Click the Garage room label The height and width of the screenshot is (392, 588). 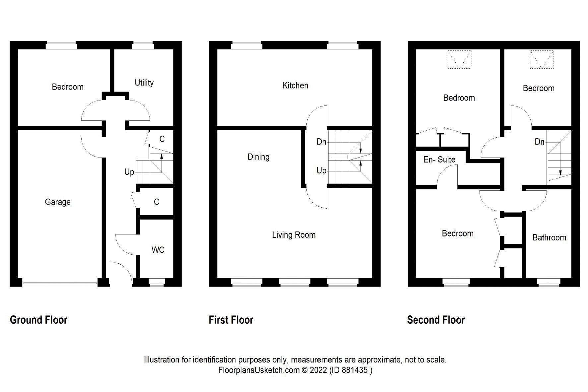point(58,202)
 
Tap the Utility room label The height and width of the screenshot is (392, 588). point(144,83)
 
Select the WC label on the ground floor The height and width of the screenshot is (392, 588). point(158,250)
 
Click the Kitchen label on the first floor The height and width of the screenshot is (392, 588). point(295,86)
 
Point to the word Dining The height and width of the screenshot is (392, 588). point(258,157)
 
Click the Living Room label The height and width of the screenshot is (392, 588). point(294,235)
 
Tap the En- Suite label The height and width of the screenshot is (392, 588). point(439,160)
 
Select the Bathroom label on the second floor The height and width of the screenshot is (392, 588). point(549,237)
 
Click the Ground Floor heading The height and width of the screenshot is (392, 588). point(38,320)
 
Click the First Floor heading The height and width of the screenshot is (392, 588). point(231,320)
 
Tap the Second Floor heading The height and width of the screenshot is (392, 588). point(436,320)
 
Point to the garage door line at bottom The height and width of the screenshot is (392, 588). point(60,283)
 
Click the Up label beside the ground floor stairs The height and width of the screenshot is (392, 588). point(129,172)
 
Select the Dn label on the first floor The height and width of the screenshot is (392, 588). point(321,142)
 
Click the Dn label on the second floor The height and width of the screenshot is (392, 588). point(539,142)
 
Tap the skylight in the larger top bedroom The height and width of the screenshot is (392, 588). point(459,59)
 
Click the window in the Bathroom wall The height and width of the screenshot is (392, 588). point(549,282)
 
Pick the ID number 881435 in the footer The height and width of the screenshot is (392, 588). point(357,370)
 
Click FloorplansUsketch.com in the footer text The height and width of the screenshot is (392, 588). point(259,370)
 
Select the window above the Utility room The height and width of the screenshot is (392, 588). point(143,45)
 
